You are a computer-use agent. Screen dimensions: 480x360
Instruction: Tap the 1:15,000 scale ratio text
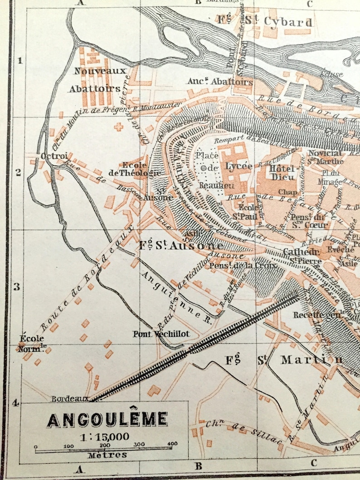pyautogui.click(x=104, y=437)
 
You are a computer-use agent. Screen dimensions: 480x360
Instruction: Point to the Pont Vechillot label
pyautogui.click(x=161, y=334)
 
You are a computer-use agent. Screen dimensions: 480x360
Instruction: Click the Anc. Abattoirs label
pyautogui.click(x=220, y=82)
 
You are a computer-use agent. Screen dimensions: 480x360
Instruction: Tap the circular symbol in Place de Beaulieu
pyautogui.click(x=204, y=168)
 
